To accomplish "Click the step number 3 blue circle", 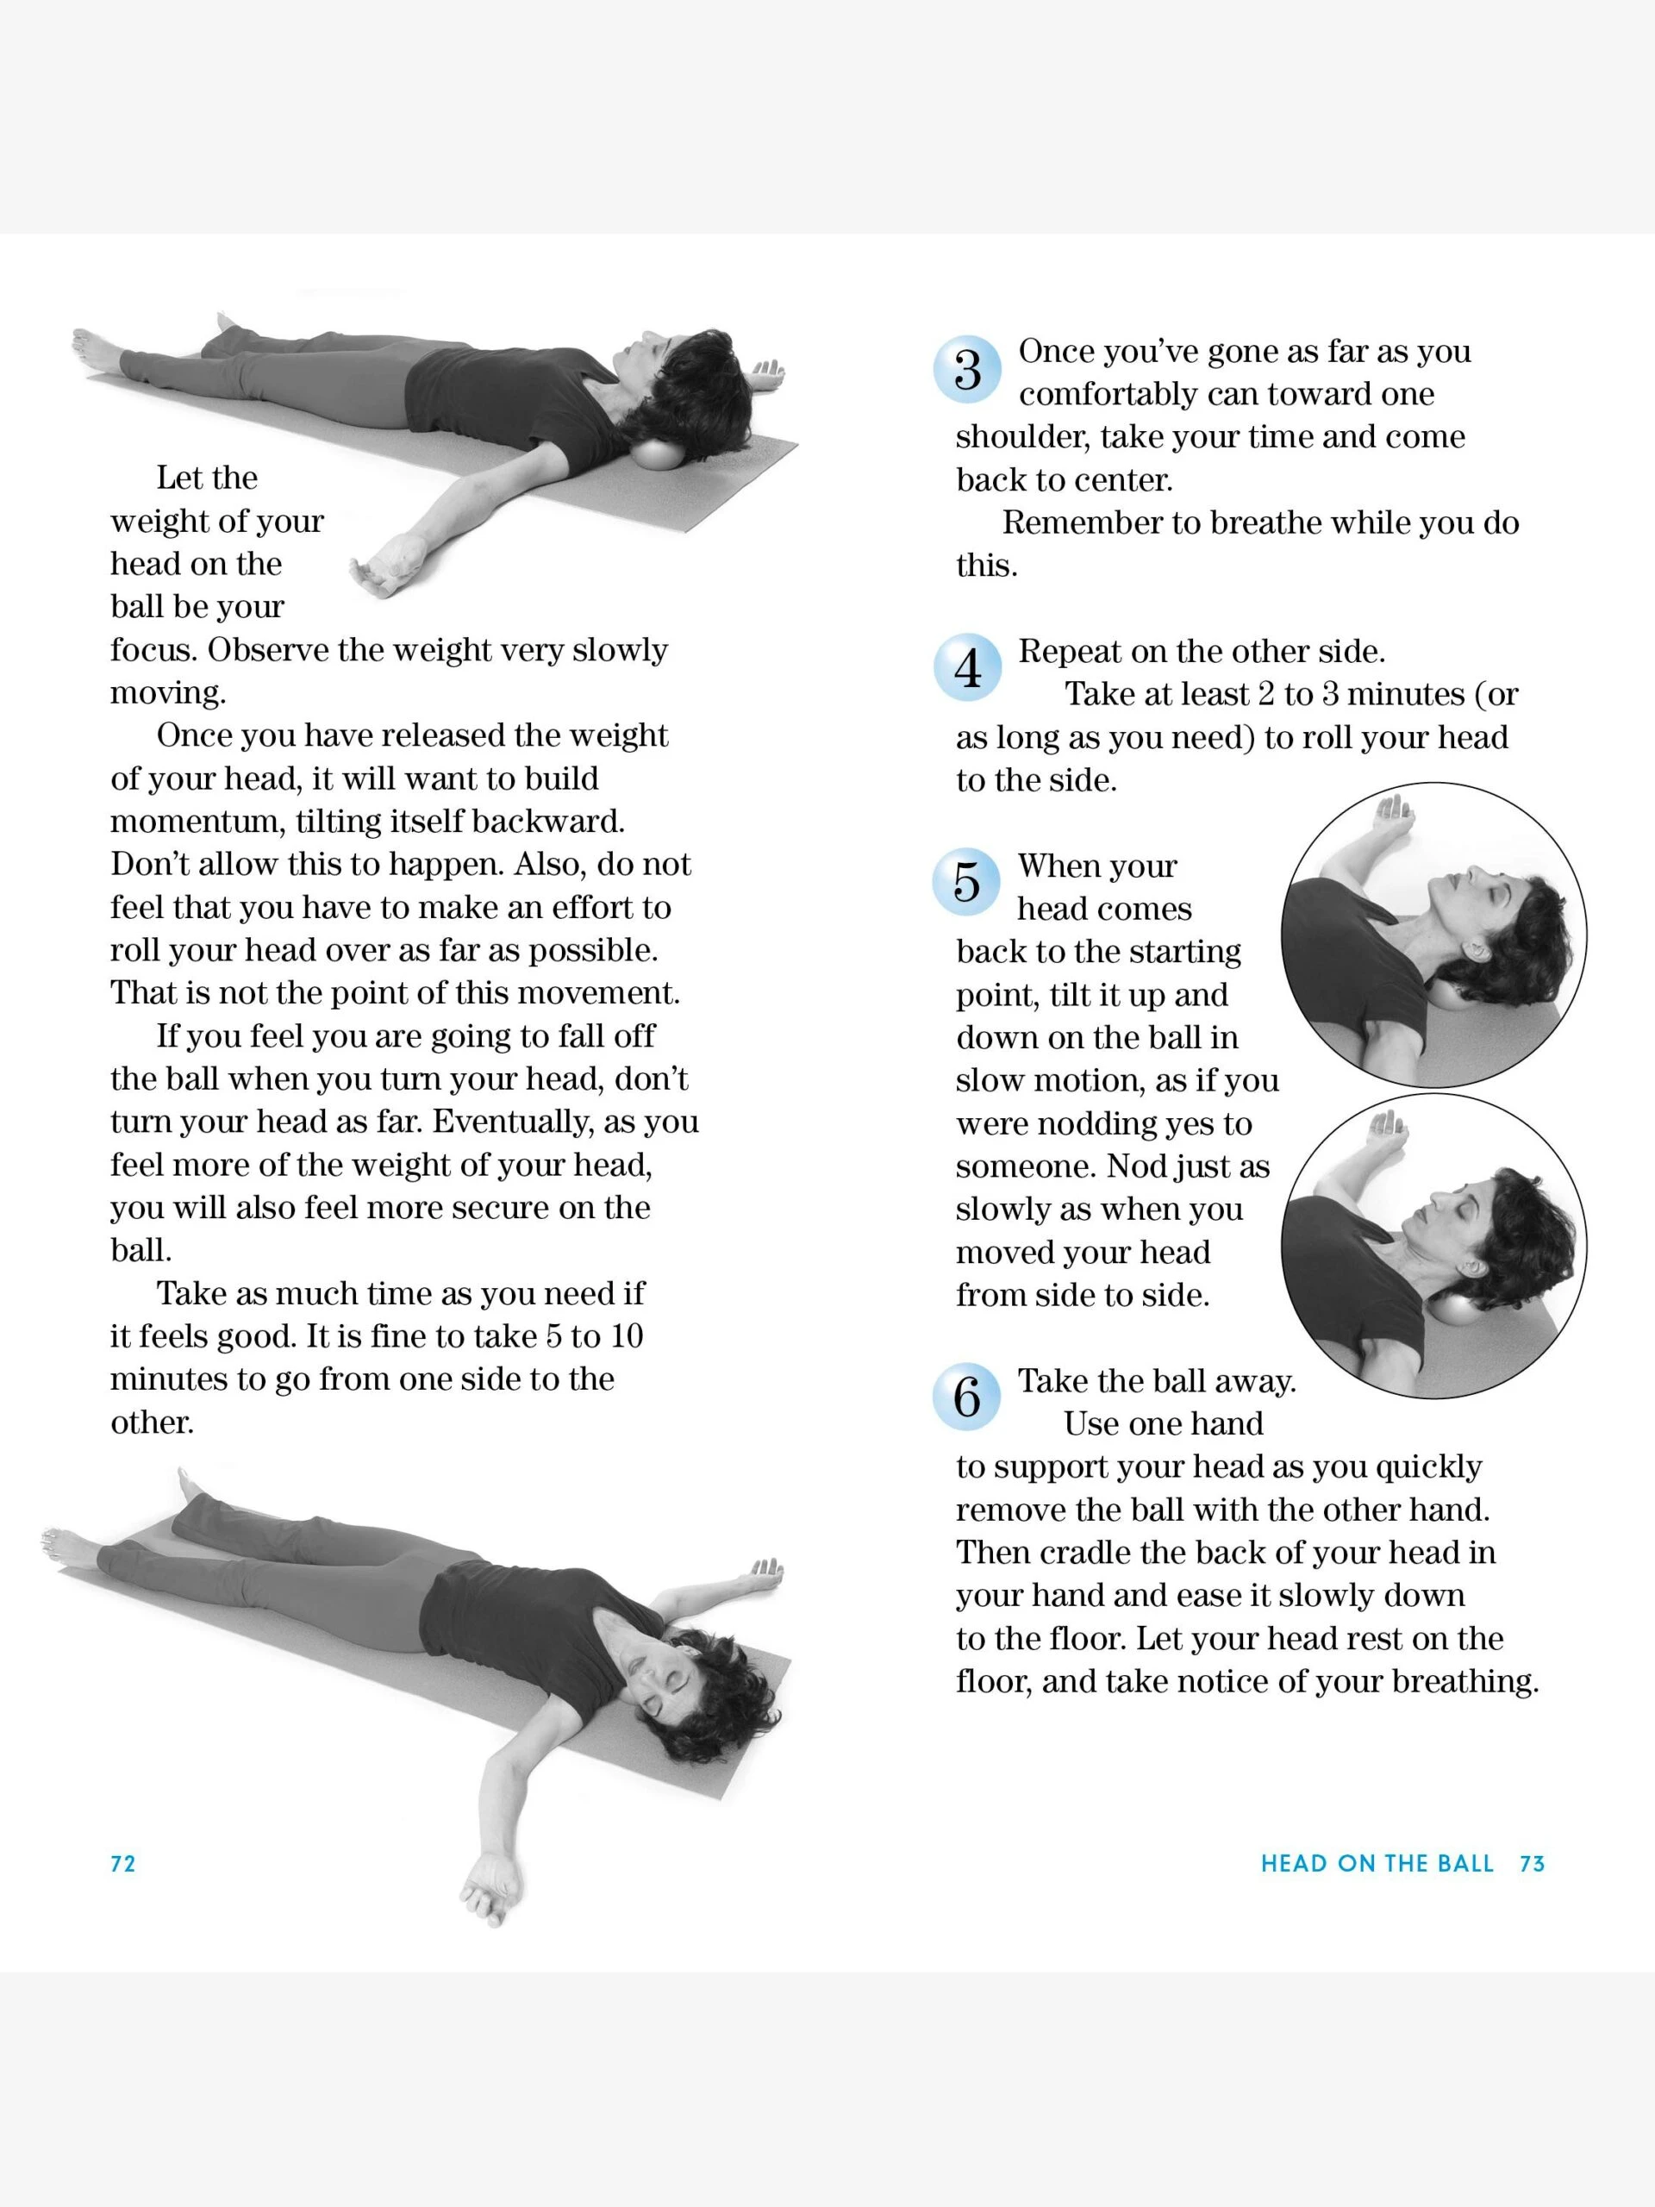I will [966, 370].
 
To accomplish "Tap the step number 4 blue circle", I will [966, 667].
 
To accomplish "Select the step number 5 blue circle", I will [965, 882].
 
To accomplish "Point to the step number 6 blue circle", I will [965, 1397].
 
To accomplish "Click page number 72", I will [122, 1864].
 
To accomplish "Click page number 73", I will [1531, 1864].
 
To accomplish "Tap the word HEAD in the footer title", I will [1294, 1864].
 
